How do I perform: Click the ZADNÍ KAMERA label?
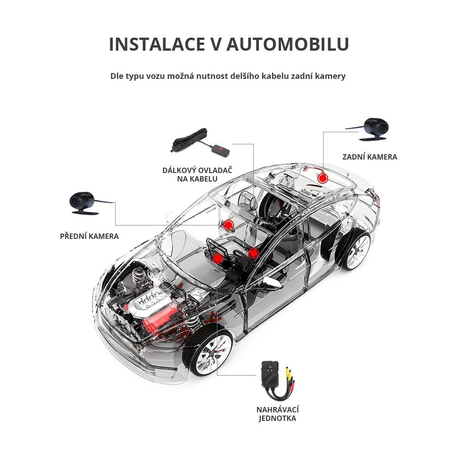click(369, 157)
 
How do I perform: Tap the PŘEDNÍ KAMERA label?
click(89, 236)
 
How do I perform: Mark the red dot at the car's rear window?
click(322, 178)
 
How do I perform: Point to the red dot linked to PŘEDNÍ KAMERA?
click(229, 225)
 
